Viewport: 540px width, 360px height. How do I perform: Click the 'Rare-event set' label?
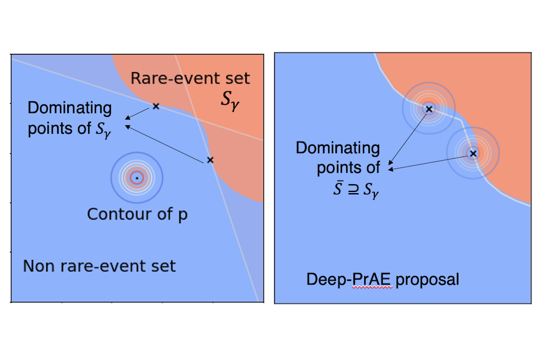190,78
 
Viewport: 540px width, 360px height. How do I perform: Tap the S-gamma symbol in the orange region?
232,99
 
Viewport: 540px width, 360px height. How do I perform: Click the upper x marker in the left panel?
156,106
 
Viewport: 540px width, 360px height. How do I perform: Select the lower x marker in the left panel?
210,160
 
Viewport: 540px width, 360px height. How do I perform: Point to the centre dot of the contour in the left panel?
137,178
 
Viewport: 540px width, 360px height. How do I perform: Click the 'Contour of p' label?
137,214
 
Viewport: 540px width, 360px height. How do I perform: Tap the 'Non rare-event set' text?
99,266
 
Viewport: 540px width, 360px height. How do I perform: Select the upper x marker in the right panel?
428,109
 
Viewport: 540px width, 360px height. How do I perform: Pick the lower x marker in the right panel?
473,154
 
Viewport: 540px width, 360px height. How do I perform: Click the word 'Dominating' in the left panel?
70,108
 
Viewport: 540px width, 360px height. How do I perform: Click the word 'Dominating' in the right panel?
338,148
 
